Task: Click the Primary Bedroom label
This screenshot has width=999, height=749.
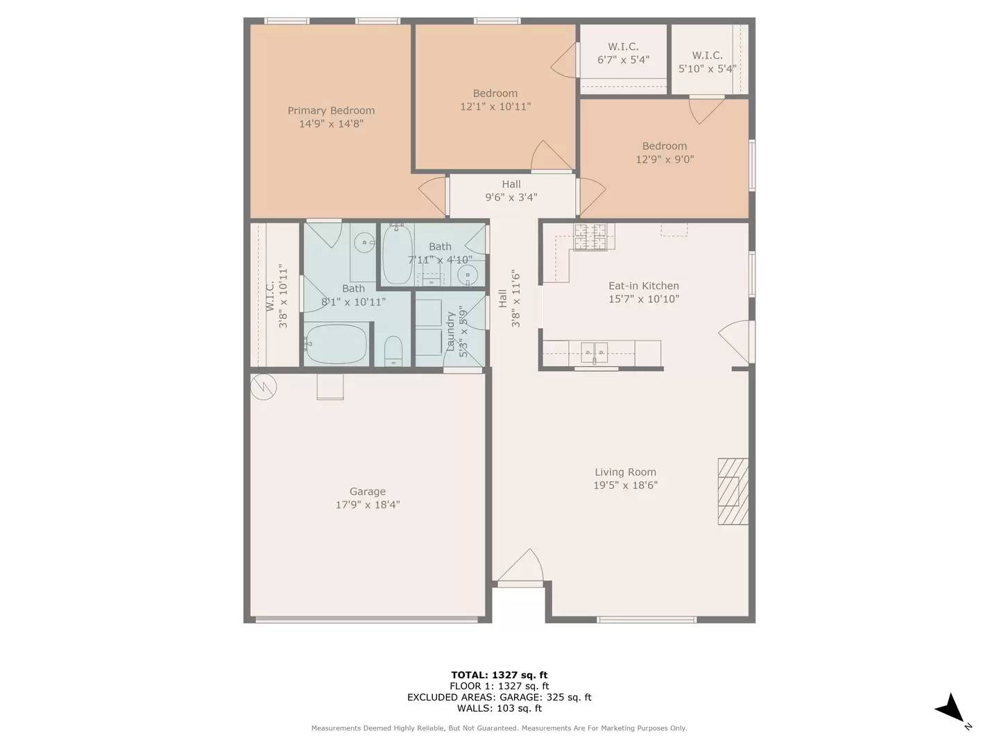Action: click(331, 111)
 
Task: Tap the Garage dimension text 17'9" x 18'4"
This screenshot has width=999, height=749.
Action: click(368, 505)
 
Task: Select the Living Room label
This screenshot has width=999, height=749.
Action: click(625, 472)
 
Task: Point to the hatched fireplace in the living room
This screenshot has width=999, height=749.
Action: click(733, 491)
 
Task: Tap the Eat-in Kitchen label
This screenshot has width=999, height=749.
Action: click(643, 286)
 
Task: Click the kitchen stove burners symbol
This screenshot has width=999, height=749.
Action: click(590, 236)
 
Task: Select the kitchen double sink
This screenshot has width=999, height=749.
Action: click(595, 352)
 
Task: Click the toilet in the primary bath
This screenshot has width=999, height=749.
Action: click(393, 351)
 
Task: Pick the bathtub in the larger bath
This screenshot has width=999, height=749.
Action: click(336, 344)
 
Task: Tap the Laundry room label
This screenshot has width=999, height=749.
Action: click(450, 332)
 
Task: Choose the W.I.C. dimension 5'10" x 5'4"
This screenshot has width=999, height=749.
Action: click(707, 69)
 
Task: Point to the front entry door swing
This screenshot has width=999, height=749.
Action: click(520, 567)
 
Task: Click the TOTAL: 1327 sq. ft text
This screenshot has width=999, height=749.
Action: click(499, 675)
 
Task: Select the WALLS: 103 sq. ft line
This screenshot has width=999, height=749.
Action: click(499, 708)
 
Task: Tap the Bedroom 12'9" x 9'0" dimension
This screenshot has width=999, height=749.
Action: click(665, 160)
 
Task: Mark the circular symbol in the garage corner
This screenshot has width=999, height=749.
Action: click(264, 387)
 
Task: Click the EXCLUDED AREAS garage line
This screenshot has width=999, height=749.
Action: click(499, 697)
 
